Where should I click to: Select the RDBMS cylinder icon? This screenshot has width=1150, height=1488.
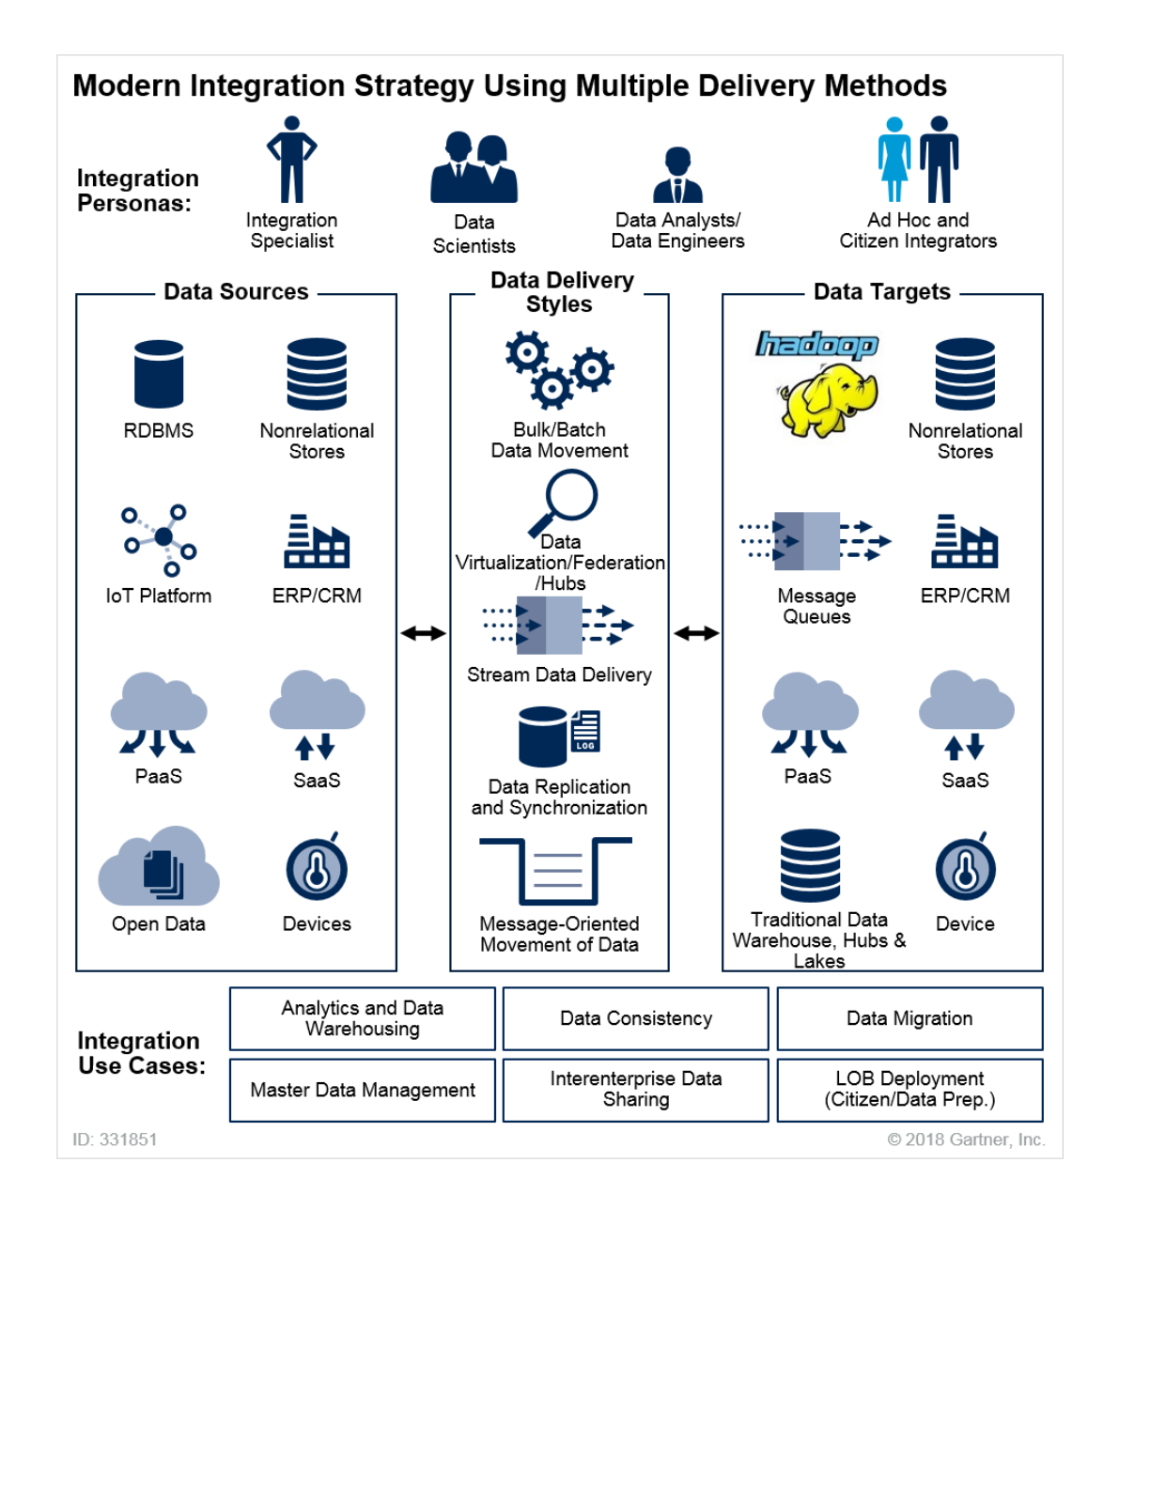coord(159,374)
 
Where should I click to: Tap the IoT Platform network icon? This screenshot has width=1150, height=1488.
coord(160,539)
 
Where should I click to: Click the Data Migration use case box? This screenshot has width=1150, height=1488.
coord(909,1018)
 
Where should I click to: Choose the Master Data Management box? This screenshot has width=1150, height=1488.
coord(363,1090)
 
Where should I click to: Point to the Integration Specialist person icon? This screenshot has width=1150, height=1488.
coord(291,159)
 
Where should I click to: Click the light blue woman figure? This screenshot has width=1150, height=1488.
coord(894,160)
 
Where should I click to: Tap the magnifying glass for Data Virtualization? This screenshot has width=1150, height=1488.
coord(564,502)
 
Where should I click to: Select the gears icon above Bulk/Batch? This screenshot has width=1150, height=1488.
coord(559,369)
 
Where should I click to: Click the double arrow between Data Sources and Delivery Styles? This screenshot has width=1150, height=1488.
coord(424,633)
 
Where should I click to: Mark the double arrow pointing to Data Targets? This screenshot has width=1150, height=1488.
coord(696,633)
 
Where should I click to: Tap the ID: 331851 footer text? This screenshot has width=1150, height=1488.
coord(115,1139)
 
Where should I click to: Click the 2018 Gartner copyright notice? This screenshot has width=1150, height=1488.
coord(966,1139)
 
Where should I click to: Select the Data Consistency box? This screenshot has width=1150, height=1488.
coord(636,1018)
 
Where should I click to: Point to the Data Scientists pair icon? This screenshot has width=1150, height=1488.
coord(474,168)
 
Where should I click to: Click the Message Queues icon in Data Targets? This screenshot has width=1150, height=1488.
coord(815,541)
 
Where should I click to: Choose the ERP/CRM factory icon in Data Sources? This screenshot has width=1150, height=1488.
coord(317,541)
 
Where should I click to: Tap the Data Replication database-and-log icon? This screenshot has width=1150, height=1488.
coord(559,736)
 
